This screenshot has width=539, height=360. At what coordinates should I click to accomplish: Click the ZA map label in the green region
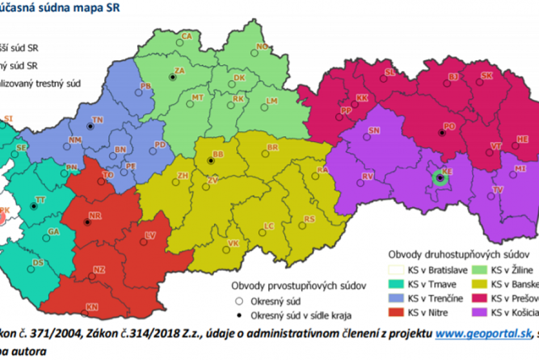click(180, 70)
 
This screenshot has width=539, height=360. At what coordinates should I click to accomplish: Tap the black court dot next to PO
click(441, 133)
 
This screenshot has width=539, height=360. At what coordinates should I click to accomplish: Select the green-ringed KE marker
click(440, 178)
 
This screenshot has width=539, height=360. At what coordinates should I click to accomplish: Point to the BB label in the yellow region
click(218, 154)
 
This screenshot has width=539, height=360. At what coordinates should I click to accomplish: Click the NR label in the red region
click(94, 216)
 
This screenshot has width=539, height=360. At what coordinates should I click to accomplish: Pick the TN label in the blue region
click(98, 119)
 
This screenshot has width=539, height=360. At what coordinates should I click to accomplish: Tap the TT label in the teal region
click(40, 200)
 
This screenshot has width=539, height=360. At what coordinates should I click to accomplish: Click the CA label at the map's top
click(187, 36)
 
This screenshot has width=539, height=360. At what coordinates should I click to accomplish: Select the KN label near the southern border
click(92, 307)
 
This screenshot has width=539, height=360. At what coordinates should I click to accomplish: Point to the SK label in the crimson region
click(487, 76)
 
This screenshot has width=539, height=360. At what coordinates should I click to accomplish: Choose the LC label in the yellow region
click(269, 226)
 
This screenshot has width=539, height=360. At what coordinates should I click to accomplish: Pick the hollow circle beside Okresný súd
click(239, 301)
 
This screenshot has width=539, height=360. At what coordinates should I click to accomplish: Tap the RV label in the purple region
click(368, 176)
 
